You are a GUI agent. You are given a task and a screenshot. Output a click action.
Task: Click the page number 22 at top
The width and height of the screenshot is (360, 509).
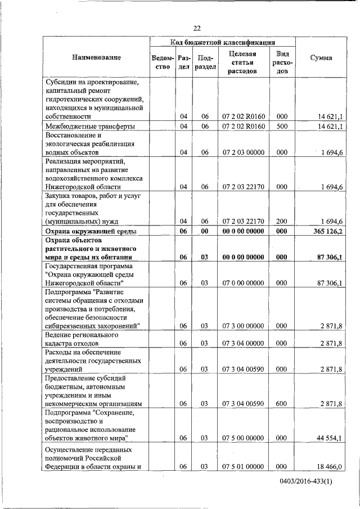click(197, 29)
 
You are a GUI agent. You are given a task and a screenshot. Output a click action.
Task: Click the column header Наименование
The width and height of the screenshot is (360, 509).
click(96, 57)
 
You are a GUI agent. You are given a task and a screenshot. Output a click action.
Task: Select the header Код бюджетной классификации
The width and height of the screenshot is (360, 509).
click(223, 42)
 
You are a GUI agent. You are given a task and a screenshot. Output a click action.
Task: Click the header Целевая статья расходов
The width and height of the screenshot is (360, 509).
click(243, 62)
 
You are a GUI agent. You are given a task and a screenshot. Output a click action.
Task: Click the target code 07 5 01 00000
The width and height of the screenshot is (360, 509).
click(243, 466)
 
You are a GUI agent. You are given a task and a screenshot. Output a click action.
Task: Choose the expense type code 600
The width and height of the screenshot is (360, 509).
click(282, 403)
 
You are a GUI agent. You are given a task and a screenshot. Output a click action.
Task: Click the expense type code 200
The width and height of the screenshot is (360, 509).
click(282, 221)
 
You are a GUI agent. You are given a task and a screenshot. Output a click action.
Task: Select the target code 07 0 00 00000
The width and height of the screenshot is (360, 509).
click(243, 283)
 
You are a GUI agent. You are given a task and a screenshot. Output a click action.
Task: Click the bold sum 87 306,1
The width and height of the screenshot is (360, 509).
click(330, 257)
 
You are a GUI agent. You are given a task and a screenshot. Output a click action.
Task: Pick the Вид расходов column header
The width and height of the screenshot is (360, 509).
click(282, 62)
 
